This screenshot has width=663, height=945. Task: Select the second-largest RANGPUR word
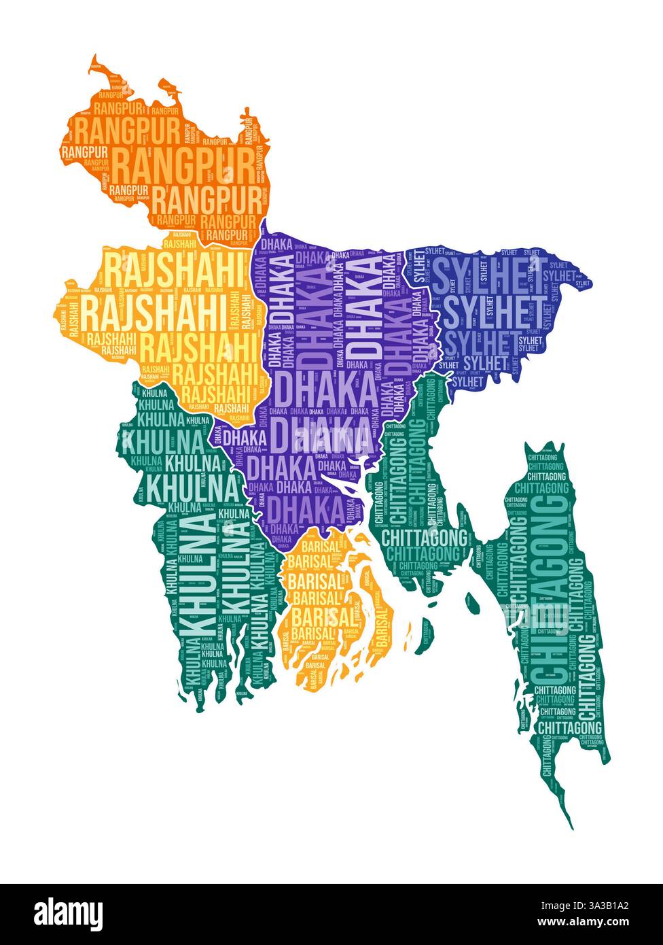[206, 200]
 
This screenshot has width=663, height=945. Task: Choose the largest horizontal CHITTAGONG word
[425, 538]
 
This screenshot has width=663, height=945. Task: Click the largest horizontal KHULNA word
[194, 487]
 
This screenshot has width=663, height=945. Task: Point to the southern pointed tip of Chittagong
[571, 826]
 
